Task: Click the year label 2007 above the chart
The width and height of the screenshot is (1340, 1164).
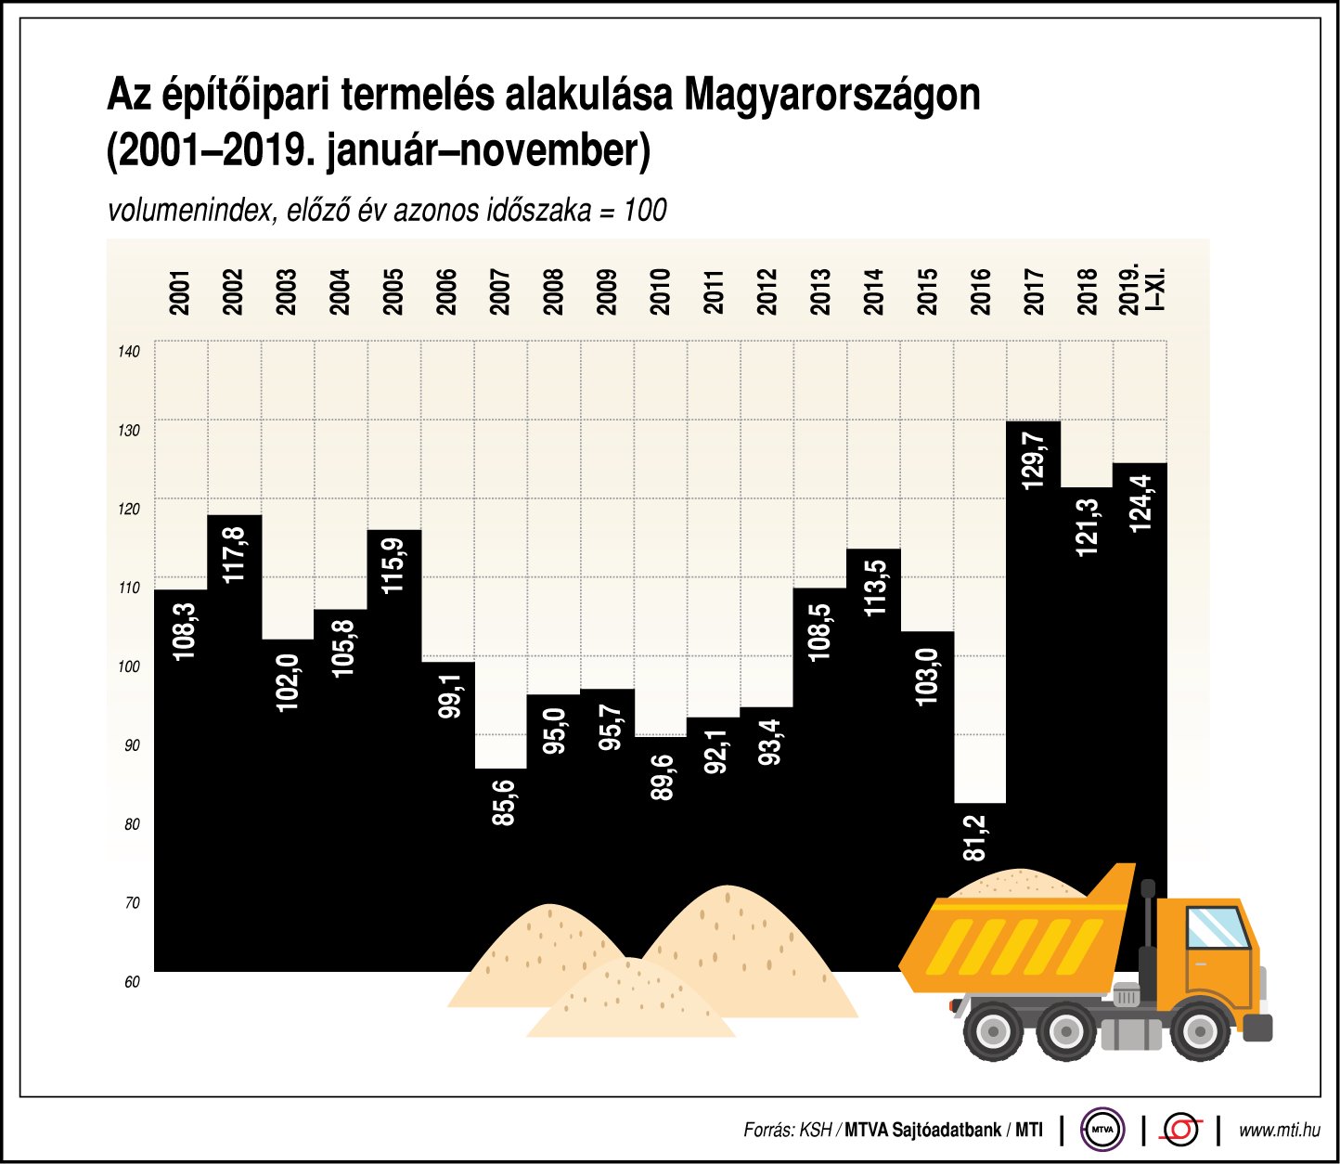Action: tap(500, 291)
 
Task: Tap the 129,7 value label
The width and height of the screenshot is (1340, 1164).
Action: tap(1033, 459)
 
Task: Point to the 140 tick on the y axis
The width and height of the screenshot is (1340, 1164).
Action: tap(129, 351)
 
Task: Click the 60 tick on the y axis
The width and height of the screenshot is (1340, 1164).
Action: tap(132, 982)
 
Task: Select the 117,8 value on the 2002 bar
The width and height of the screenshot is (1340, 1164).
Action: tap(235, 554)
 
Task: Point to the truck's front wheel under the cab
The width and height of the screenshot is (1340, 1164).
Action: tap(1198, 1031)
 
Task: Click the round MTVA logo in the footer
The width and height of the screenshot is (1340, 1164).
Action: tap(1102, 1130)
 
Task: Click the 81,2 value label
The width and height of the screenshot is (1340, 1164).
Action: tap(975, 837)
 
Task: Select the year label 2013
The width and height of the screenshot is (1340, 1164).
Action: tap(820, 291)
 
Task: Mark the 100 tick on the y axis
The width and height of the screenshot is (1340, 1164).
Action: tap(129, 666)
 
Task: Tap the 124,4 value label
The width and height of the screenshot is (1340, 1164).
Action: tap(1140, 502)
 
